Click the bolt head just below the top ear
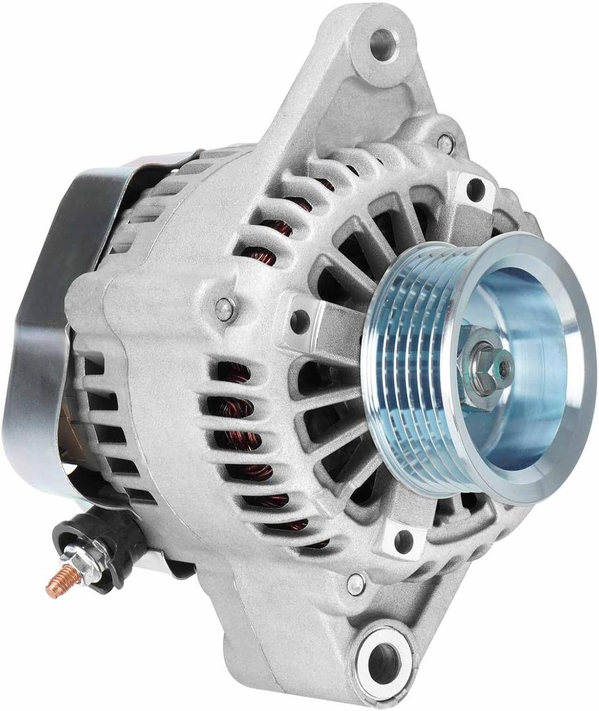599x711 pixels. click(446, 140)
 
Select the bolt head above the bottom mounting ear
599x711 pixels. click(357, 581)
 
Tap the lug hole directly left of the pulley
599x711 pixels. click(300, 321)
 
